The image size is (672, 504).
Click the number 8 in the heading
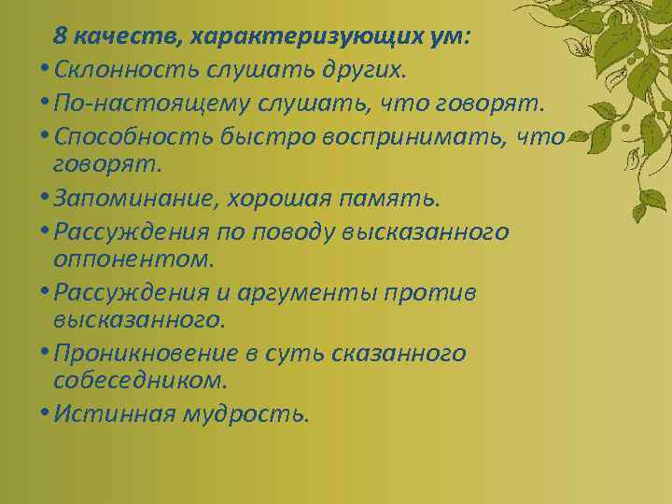60,36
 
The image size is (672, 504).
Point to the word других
359,69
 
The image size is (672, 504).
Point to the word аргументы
294,292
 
